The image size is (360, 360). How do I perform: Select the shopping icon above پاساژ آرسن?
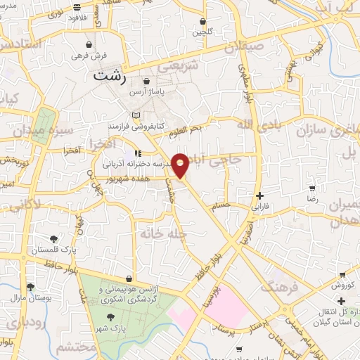pyautogui.click(x=146, y=82)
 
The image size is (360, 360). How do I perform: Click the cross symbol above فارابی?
pyautogui.click(x=260, y=195)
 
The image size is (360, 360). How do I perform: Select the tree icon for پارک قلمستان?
pyautogui.click(x=55, y=239)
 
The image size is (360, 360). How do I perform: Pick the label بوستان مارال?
pyautogui.click(x=30, y=297)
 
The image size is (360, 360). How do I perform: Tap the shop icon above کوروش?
pyautogui.click(x=342, y=275)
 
